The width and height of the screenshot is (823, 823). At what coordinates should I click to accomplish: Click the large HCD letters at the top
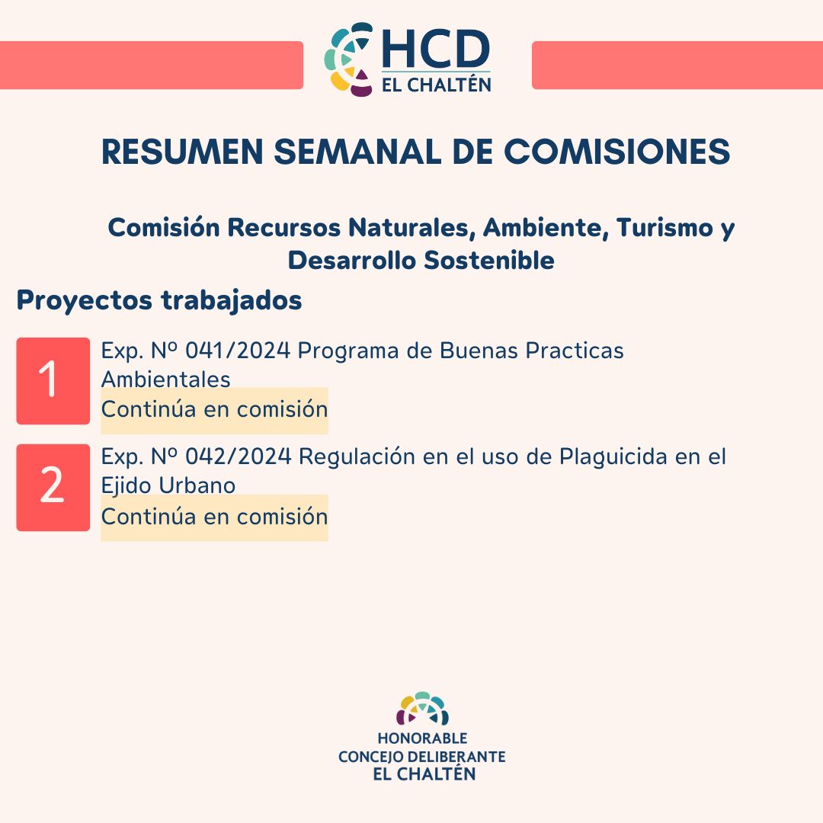436,49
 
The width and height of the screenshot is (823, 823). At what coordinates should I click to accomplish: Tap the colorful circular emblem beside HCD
348,59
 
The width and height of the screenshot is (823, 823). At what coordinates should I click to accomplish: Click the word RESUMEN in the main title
182,152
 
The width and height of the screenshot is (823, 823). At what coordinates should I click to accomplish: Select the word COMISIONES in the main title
616,152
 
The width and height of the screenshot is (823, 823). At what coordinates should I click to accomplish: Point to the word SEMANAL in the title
357,152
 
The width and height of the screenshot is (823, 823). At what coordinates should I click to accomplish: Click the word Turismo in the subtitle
665,227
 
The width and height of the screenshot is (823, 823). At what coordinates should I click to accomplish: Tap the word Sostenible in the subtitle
488,261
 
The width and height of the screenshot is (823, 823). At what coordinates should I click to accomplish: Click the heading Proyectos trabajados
159,301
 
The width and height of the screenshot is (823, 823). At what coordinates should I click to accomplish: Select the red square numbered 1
53,380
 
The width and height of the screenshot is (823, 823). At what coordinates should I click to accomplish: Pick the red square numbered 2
53,488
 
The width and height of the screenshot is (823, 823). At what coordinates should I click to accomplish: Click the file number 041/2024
238,351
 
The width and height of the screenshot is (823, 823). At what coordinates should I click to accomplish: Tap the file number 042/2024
239,456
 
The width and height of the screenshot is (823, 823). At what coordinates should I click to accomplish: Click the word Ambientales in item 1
166,379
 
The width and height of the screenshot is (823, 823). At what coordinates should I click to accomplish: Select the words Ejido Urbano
168,485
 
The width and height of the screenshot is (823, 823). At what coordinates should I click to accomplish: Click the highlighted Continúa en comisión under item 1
214,410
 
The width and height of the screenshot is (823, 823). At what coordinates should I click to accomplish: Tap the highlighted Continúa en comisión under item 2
214,517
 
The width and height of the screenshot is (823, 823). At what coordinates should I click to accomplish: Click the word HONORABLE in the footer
422,738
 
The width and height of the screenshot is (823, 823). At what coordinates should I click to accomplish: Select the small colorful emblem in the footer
422,709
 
